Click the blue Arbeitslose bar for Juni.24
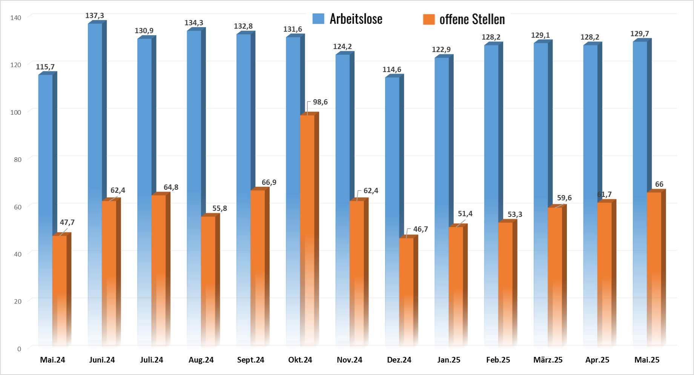click(x=95, y=113)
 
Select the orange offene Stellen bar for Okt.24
click(x=307, y=226)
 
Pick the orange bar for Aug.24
click(x=208, y=279)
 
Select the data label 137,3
click(x=95, y=16)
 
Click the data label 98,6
click(x=320, y=102)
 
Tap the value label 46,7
click(x=421, y=229)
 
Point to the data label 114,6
click(x=392, y=70)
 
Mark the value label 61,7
click(x=605, y=195)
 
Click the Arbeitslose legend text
click(x=356, y=19)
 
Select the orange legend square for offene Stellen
click(x=429, y=19)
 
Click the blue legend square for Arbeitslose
click(x=318, y=19)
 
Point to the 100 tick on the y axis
click(x=16, y=112)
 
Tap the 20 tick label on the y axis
click(x=17, y=301)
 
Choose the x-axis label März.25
click(x=548, y=360)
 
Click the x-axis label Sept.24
click(x=250, y=360)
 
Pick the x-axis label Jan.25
click(x=449, y=360)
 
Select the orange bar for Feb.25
click(x=505, y=283)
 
